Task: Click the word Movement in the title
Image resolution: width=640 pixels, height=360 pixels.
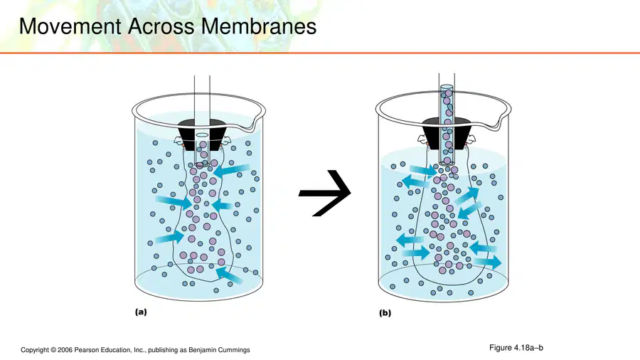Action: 70,26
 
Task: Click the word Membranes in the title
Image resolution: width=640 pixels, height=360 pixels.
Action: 259,26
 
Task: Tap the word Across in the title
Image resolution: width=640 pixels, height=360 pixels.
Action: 161,26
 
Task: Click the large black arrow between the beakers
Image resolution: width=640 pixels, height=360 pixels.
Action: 325,193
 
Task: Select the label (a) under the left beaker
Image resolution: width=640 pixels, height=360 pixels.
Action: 141,312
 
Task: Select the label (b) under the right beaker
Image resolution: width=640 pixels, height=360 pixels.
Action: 385,313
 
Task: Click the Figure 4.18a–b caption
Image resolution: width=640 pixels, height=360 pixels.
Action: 516,348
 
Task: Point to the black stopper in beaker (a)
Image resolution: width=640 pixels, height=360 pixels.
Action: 202,134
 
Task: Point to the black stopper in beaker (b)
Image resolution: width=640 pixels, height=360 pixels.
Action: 447,132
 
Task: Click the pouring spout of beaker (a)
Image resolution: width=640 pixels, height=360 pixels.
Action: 256,122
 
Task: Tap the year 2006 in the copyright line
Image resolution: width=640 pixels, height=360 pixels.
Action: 65,350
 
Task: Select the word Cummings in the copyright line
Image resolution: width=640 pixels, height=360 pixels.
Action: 234,350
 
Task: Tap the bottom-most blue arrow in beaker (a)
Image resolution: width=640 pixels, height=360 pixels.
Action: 229,275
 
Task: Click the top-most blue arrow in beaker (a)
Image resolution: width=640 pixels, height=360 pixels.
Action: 231,170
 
